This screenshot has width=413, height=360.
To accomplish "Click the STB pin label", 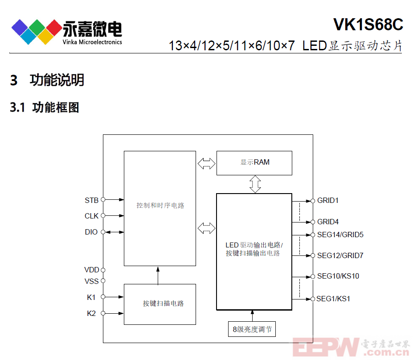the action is (x=91, y=200).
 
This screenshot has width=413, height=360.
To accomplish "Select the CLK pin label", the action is (x=91, y=216).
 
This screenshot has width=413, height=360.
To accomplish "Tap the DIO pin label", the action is (x=91, y=232).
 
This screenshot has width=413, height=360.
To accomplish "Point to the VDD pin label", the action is (x=92, y=270).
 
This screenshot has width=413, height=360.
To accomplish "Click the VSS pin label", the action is (x=91, y=281).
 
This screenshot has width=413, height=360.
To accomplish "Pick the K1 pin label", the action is (x=91, y=297).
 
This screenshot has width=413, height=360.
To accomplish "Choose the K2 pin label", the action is (x=91, y=313).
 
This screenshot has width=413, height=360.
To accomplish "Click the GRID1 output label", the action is (x=327, y=200).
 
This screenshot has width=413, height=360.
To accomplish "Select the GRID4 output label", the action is (x=327, y=222).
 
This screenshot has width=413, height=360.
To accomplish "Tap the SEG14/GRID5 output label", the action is (x=340, y=235).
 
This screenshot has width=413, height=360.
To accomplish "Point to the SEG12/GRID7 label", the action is (x=340, y=255).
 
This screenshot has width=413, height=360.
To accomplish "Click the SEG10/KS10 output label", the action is (x=338, y=276).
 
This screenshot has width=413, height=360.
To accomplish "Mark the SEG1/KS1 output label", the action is (x=333, y=299).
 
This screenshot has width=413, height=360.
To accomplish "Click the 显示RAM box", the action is (x=254, y=163).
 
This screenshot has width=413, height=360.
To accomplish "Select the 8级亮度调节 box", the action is (x=252, y=329).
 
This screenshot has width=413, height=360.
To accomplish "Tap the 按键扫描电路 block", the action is (x=160, y=304).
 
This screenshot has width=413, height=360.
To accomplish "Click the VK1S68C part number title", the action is (x=368, y=24).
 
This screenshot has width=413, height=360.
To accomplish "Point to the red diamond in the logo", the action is (x=54, y=28).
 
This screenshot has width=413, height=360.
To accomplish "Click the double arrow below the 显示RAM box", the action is (x=255, y=184).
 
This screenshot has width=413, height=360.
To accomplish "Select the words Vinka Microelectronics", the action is (x=92, y=42).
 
